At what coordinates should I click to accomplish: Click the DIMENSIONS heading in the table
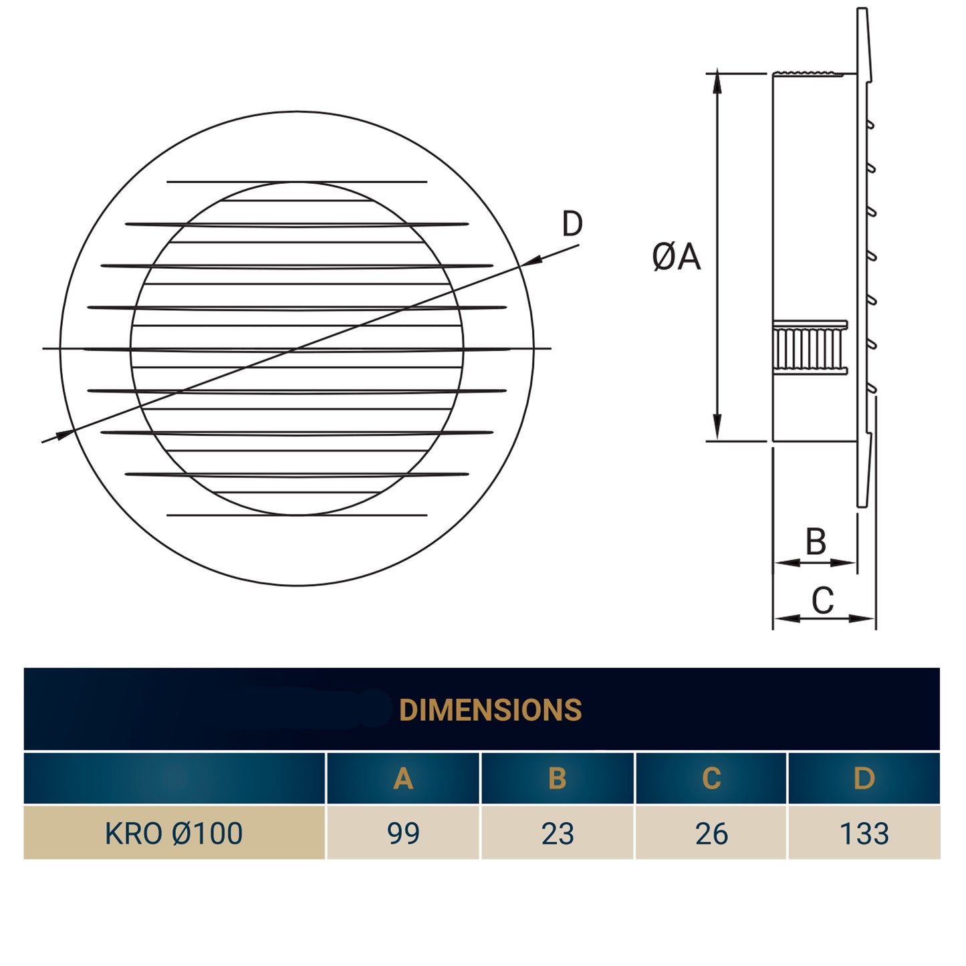point(490,709)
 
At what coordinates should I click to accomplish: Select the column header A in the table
point(403,778)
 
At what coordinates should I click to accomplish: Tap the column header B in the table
point(557,778)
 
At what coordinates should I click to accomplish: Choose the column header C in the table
point(711,778)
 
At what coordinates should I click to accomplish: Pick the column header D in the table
point(864,778)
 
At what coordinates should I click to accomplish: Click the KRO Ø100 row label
point(174,833)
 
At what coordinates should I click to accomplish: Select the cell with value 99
point(403,833)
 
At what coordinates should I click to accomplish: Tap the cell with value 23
point(557,833)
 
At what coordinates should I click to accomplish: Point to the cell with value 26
point(711,833)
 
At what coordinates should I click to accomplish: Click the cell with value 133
point(864,833)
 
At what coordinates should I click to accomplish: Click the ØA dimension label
point(676,257)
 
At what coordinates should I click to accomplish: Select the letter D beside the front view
point(572,224)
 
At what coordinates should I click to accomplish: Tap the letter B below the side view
point(816,541)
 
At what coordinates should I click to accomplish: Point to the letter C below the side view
point(822,600)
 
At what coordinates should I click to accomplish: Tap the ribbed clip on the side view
point(810,348)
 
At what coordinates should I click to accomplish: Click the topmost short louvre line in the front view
point(297,181)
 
